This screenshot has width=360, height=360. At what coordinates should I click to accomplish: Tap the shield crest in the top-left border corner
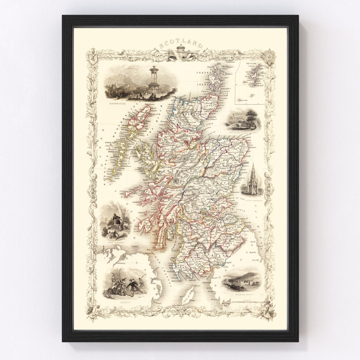[x=91, y=55]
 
